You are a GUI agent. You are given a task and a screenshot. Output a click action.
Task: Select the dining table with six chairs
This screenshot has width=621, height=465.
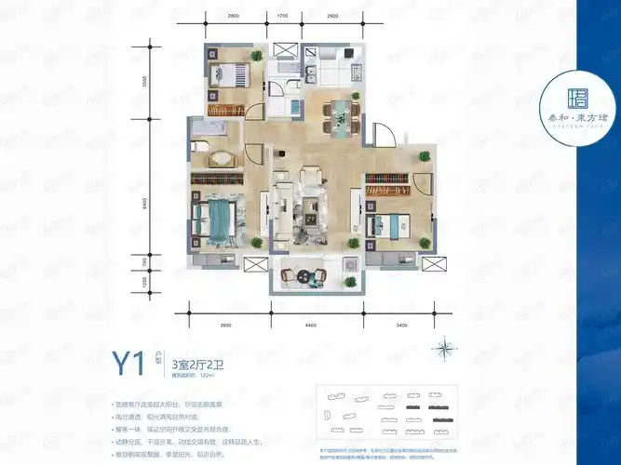338,114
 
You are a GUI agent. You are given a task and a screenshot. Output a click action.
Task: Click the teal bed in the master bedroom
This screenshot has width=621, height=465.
216,222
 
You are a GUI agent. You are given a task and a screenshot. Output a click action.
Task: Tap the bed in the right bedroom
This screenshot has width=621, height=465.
386,224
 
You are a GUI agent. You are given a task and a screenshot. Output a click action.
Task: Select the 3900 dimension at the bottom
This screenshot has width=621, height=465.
224,324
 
